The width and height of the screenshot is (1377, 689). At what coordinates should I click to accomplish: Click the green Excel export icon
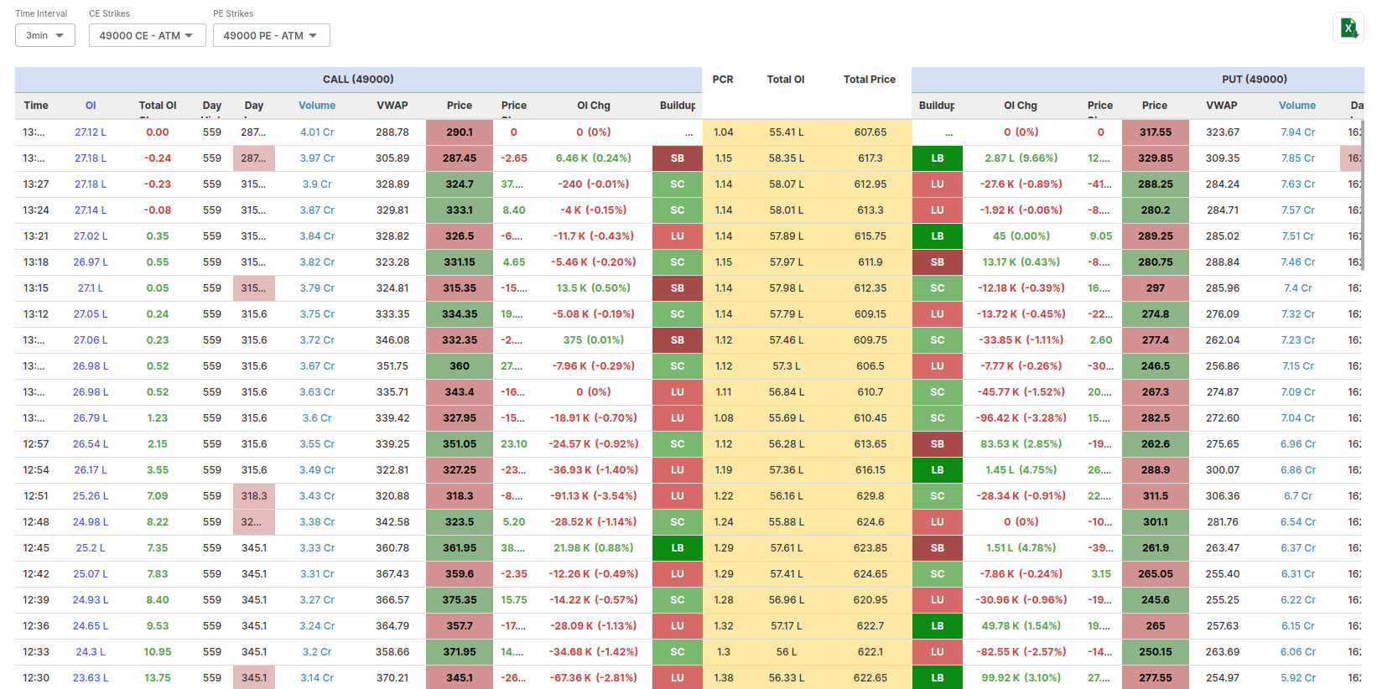click(x=1348, y=28)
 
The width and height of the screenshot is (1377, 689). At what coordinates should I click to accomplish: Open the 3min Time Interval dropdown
click(x=45, y=35)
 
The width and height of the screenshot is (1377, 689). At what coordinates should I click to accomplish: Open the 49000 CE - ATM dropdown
click(x=147, y=35)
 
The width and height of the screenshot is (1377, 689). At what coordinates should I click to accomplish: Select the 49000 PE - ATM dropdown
click(x=271, y=35)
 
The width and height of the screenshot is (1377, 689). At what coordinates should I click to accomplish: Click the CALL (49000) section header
click(x=358, y=80)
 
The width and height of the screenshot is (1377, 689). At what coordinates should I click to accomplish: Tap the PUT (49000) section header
click(x=1254, y=80)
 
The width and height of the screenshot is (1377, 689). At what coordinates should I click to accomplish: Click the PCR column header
click(x=723, y=80)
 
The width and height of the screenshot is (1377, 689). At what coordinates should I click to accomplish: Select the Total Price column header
click(x=869, y=80)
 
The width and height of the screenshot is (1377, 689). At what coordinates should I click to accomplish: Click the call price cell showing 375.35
click(x=460, y=600)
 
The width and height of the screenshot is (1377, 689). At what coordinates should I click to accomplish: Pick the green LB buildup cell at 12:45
click(x=678, y=548)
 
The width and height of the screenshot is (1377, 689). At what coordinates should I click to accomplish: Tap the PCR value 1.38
click(x=723, y=678)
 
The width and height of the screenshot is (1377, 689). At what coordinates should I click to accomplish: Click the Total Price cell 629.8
click(x=870, y=496)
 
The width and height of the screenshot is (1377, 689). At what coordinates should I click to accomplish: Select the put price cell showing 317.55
click(x=1155, y=132)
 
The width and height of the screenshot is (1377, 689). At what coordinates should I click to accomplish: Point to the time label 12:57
click(x=36, y=444)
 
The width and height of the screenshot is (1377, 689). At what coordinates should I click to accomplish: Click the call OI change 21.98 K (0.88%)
click(x=593, y=548)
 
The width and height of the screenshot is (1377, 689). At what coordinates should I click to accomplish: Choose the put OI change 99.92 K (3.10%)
click(x=1021, y=678)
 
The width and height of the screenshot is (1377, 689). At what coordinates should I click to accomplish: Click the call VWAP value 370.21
click(x=392, y=678)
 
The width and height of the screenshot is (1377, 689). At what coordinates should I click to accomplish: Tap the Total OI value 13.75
click(x=158, y=678)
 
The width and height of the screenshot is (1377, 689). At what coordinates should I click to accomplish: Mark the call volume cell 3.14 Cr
click(x=317, y=678)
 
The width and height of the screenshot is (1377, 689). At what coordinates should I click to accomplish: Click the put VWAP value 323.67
click(x=1222, y=132)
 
